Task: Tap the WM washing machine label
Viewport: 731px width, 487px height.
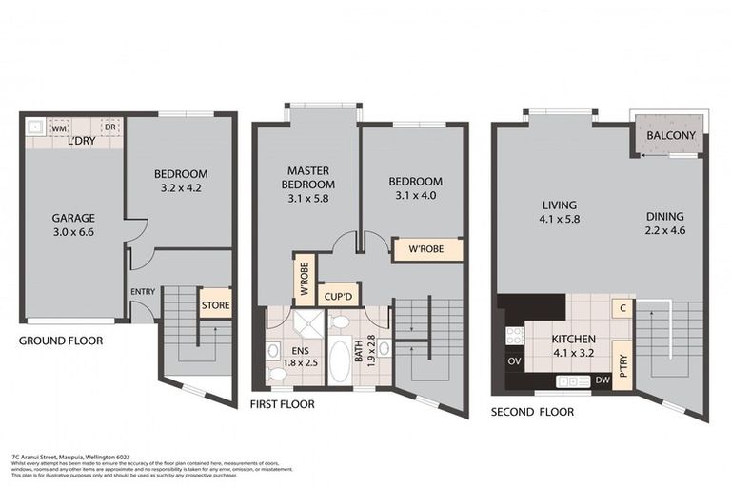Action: point(58,127)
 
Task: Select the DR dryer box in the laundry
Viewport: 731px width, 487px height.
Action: point(109,127)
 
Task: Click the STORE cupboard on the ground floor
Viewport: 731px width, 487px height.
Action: point(214,304)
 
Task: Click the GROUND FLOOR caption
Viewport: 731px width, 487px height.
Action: point(61,341)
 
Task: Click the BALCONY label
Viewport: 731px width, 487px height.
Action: point(671,136)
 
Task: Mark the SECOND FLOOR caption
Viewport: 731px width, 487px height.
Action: point(532,412)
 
